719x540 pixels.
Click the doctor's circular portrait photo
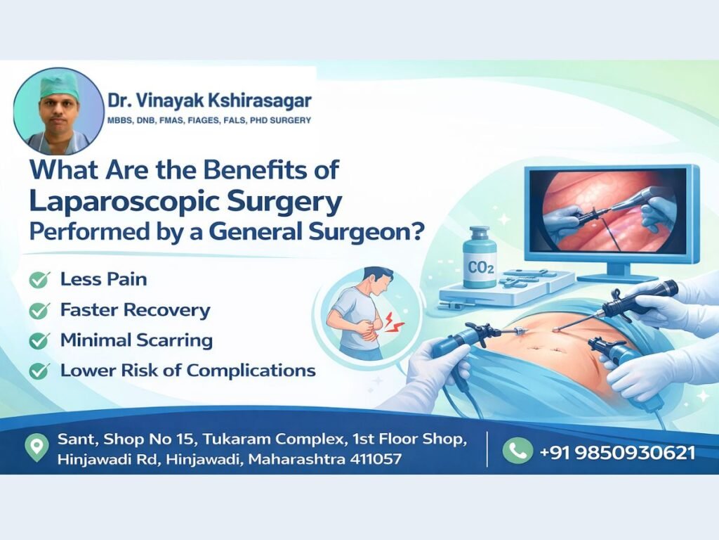pyautogui.click(x=59, y=112)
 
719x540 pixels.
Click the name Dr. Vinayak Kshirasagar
pyautogui.click(x=209, y=100)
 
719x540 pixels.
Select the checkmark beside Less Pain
pyautogui.click(x=39, y=280)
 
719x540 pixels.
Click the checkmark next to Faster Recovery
pyautogui.click(x=39, y=310)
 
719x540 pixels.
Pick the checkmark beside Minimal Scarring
pyautogui.click(x=39, y=341)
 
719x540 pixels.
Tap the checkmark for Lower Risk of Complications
pyautogui.click(x=39, y=371)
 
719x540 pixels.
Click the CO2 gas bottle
pyautogui.click(x=480, y=258)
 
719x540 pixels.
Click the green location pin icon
pyautogui.click(x=37, y=449)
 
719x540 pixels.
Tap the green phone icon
pyautogui.click(x=517, y=450)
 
